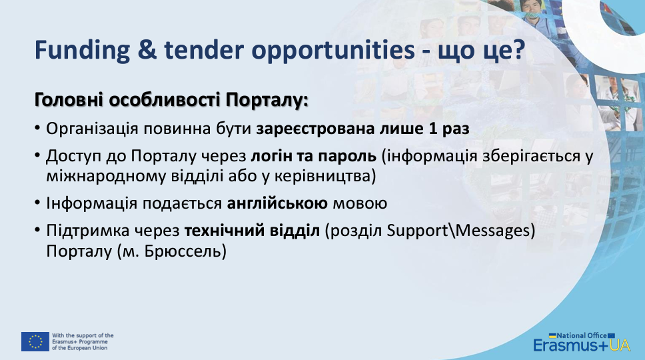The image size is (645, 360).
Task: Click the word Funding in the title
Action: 82,50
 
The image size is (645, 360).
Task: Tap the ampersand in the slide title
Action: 147,50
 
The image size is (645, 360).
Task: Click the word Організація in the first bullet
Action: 92,129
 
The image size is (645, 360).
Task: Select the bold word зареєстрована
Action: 315,129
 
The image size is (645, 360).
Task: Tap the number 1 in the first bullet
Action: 432,129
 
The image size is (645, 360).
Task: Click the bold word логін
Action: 271,156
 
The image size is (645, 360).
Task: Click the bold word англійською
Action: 277,203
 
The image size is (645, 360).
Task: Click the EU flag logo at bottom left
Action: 35,341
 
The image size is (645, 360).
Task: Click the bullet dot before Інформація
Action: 37,203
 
